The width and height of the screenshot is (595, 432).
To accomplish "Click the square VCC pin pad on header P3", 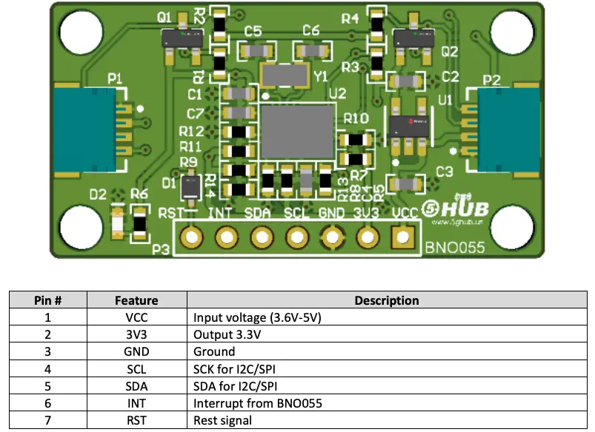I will (403, 237).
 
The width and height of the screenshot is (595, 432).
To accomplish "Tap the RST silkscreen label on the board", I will (170, 215).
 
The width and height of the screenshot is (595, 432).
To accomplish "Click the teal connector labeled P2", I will (507, 130).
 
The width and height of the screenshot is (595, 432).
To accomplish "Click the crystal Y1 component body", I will (285, 75).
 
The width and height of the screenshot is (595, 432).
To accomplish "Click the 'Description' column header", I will (386, 300).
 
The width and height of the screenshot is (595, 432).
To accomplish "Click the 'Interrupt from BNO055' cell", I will (257, 403).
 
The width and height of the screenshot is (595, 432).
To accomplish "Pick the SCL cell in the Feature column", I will (136, 369).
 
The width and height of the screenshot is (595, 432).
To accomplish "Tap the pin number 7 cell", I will (47, 420).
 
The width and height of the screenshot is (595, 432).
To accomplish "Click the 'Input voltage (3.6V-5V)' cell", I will (257, 317).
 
